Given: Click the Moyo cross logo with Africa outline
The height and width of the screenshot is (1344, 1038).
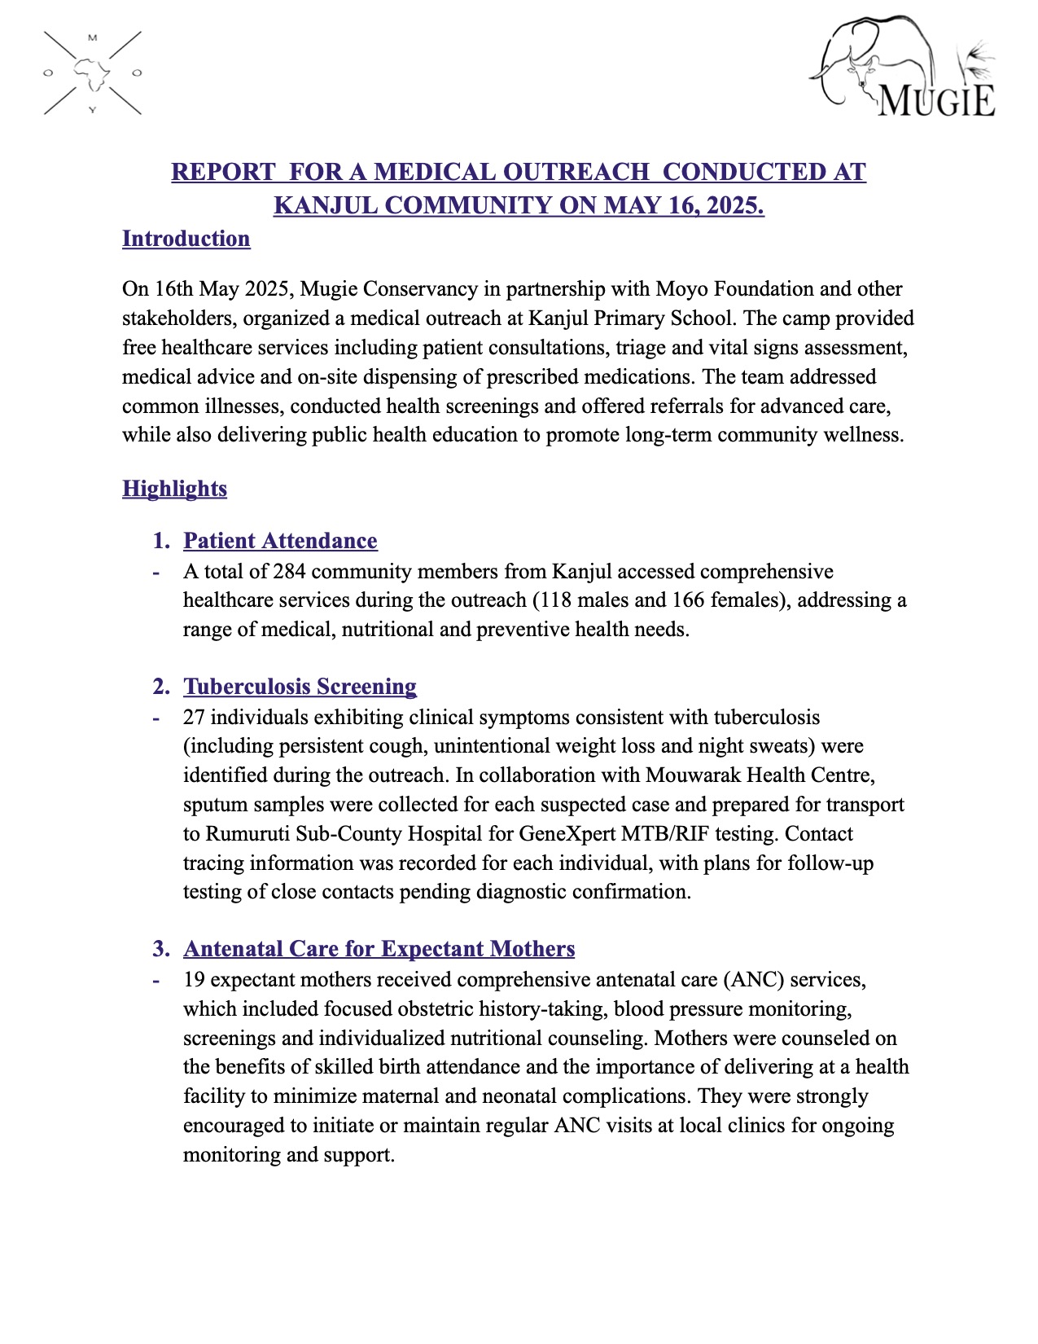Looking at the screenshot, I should (92, 73).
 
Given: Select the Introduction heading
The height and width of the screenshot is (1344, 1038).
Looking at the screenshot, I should (186, 239).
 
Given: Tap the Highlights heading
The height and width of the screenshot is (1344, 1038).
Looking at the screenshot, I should (174, 489).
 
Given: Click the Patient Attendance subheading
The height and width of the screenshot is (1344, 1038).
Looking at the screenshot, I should (280, 541).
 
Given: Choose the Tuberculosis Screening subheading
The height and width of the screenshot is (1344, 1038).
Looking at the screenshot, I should (300, 687).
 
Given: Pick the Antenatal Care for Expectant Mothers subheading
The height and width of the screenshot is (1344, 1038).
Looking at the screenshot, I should (379, 949).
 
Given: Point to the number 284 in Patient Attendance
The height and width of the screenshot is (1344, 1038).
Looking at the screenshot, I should (289, 572).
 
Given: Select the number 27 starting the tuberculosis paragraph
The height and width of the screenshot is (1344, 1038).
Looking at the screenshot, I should (194, 718).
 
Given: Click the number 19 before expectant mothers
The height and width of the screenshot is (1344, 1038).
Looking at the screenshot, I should (194, 980).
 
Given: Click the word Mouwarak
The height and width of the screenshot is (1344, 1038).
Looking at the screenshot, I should (686, 775).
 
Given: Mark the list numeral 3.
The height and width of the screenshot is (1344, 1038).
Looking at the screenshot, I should (160, 949).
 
